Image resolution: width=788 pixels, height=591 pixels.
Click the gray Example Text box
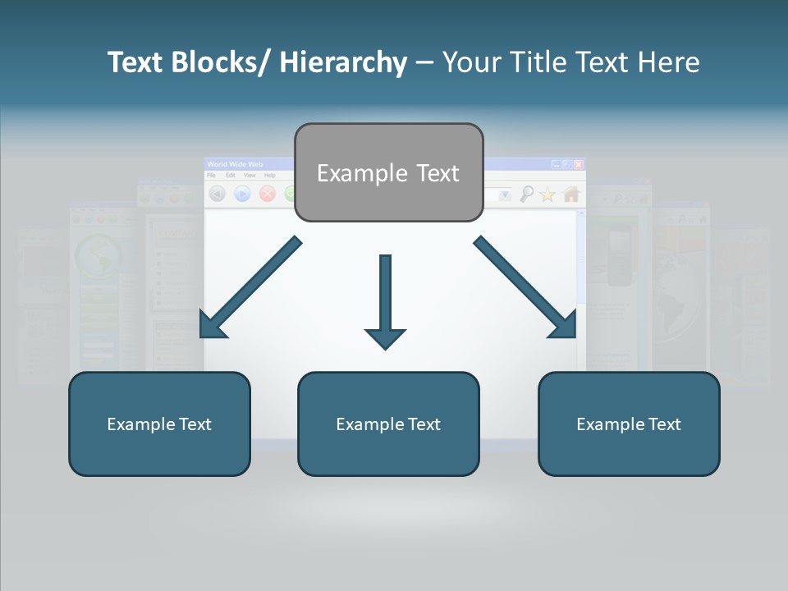pos(388,172)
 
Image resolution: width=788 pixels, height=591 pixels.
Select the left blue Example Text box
pos(159,424)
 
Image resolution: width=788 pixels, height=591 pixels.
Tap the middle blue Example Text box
pos(388,424)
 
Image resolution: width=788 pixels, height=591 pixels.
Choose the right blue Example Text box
pos(629,424)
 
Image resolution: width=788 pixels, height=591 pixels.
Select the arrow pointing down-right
pos(525,287)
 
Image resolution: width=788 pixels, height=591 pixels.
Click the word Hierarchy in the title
pos(343,62)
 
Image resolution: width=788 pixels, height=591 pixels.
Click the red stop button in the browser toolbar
pos(267,194)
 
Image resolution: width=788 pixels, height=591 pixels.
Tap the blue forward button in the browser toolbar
pos(242,194)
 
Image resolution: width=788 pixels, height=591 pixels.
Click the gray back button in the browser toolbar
pos(218,194)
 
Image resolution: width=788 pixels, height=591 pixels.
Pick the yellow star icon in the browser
pos(547,195)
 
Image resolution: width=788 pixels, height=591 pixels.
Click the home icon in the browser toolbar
pos(570,195)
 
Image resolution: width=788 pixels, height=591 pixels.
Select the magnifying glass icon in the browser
pos(526,195)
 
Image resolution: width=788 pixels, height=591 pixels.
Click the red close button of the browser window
pos(579,164)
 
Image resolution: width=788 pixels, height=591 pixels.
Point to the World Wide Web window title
pos(236,165)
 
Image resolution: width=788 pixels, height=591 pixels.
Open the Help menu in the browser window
pos(269,176)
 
